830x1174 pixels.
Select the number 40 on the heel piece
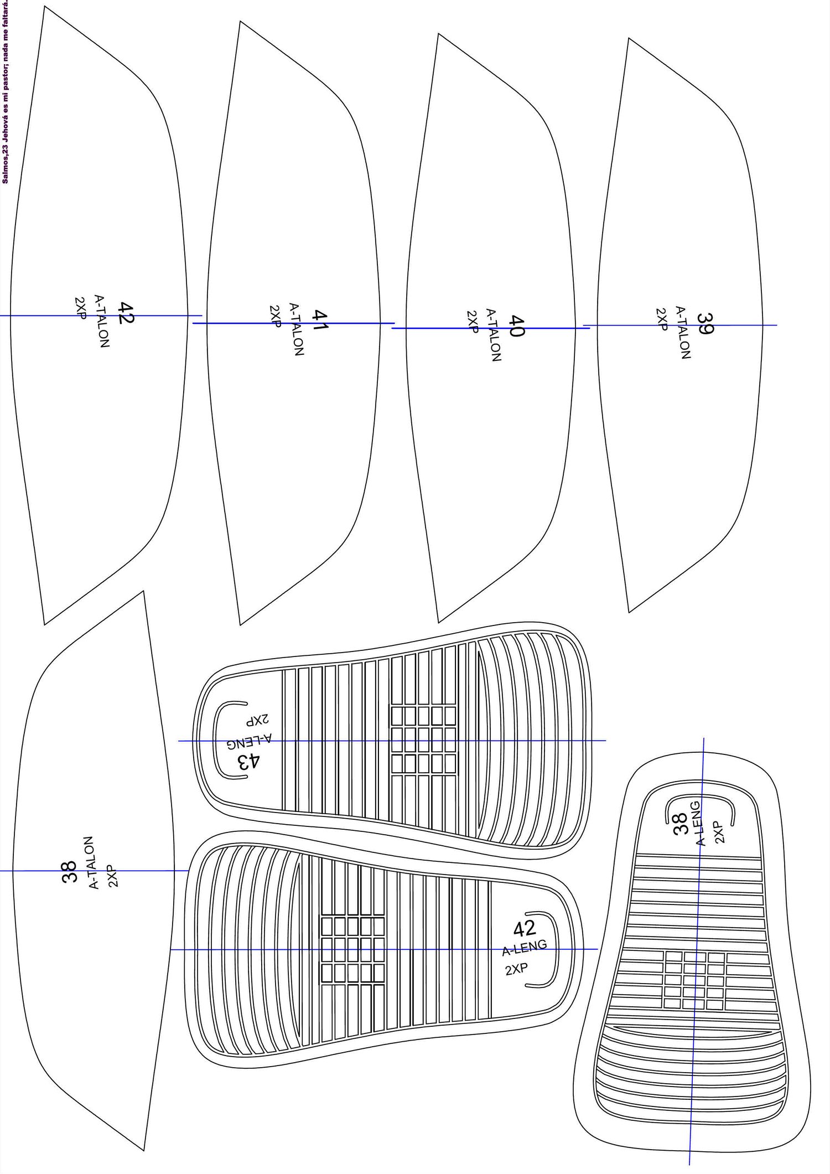pyautogui.click(x=516, y=326)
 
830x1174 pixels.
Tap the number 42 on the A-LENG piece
pyautogui.click(x=524, y=928)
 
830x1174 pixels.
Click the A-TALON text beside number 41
pyautogui.click(x=297, y=329)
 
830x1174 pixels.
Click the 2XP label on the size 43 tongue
pyautogui.click(x=258, y=720)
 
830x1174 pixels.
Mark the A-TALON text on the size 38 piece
pyautogui.click(x=94, y=862)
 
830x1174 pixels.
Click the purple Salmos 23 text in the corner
pyautogui.click(x=5, y=91)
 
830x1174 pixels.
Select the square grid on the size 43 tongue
pyautogui.click(x=424, y=740)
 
